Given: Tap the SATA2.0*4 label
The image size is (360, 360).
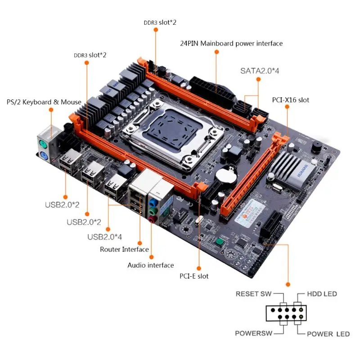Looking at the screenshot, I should (259, 71).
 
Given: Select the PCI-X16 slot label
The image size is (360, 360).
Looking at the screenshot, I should (291, 100).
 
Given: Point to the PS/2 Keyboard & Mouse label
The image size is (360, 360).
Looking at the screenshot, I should (44, 102).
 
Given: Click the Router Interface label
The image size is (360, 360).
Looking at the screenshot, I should (124, 249).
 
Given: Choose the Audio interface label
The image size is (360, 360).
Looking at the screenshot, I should (150, 265).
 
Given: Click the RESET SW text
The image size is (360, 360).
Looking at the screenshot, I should (253, 294).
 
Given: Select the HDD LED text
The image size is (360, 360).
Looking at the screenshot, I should (322, 294).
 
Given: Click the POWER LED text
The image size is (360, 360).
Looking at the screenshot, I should (328, 334).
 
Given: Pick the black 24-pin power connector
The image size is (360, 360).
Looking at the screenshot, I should (212, 90).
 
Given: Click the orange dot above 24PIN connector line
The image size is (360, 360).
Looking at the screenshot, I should (216, 52).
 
